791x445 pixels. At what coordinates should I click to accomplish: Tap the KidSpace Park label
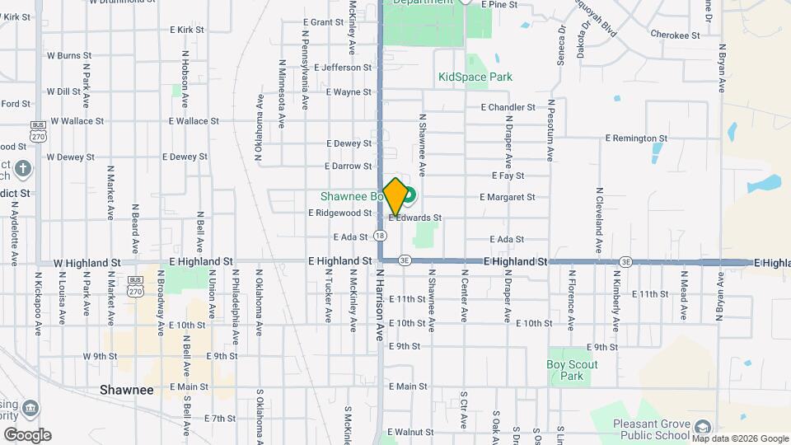475,77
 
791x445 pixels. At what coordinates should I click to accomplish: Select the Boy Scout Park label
572,370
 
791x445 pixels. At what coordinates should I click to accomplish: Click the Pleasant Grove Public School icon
702,427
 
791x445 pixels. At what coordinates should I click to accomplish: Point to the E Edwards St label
415,218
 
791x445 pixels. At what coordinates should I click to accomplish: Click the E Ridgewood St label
340,213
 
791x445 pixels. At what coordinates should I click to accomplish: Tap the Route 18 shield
379,236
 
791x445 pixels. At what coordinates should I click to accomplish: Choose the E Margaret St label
508,197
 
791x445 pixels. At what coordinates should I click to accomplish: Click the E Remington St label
635,138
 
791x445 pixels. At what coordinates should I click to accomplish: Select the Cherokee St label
674,36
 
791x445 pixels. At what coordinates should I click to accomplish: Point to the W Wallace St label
75,120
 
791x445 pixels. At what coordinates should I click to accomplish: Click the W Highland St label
87,262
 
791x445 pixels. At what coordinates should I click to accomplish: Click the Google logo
27,434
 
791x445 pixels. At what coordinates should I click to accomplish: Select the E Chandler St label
508,107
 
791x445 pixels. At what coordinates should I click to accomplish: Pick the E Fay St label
508,176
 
